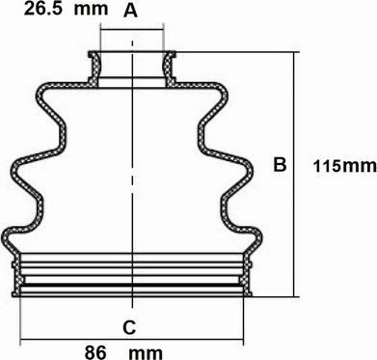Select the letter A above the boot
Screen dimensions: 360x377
coord(132,12)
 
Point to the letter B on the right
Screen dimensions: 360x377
coord(279,165)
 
